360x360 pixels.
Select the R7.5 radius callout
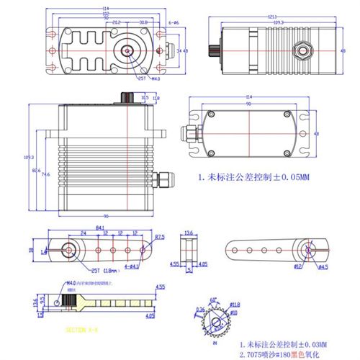(159, 236)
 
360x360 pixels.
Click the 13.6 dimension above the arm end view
(189, 233)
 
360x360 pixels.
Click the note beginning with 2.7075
(282, 354)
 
